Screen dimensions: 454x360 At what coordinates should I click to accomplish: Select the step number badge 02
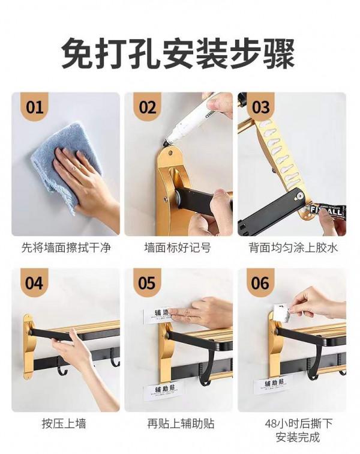tap(148, 108)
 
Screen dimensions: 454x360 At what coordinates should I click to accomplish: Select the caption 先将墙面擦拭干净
tap(66, 247)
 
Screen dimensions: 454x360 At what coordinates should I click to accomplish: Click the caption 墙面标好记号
tap(178, 247)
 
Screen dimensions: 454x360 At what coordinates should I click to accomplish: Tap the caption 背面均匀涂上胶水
tap(292, 247)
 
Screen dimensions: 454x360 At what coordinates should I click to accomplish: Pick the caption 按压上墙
tap(66, 423)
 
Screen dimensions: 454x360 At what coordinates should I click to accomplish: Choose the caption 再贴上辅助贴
tap(178, 423)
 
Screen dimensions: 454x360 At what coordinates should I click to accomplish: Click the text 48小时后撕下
tap(292, 423)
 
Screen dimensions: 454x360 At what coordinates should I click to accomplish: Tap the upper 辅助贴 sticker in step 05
tap(157, 315)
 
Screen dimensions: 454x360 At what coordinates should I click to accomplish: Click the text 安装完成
tap(292, 438)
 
